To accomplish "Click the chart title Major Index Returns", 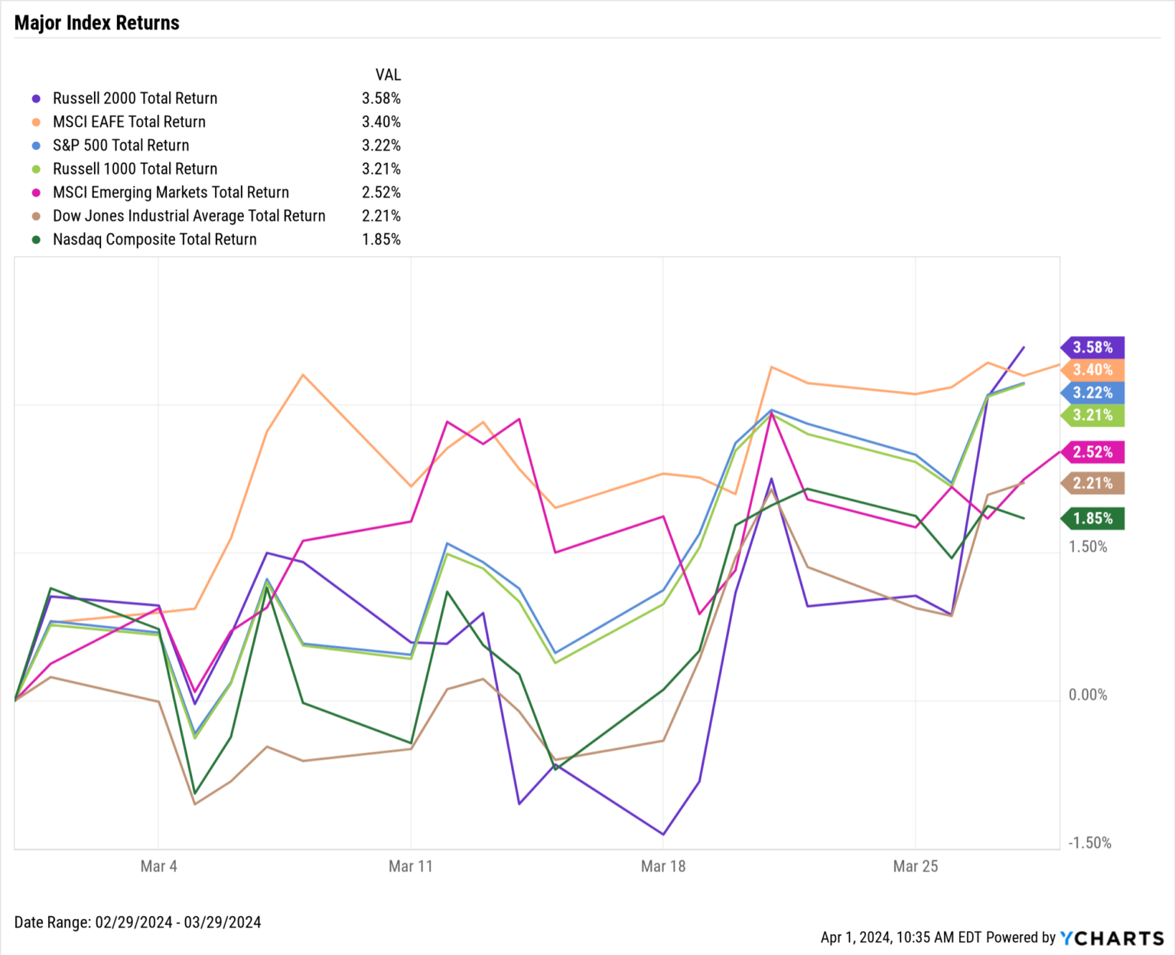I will (96, 23).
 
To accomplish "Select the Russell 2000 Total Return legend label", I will (135, 98).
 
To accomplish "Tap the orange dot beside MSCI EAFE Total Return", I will (36, 122).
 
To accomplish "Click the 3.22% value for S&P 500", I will (381, 145).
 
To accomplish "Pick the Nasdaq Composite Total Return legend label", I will (155, 240).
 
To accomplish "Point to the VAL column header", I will (388, 75).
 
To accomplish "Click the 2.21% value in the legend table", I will (381, 216).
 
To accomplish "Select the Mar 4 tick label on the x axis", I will (158, 866).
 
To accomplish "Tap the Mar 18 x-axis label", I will (663, 866).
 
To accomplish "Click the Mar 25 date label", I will (915, 866).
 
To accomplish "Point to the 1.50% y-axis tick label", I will (1088, 546).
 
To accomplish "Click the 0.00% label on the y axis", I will (1088, 695).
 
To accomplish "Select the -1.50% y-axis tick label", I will (1089, 843).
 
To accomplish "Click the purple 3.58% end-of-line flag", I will (1092, 347).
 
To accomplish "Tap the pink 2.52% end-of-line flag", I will (1092, 452).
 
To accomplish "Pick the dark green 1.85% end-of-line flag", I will (1092, 519).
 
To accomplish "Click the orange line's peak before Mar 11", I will (303, 375).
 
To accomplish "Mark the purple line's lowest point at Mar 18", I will (663, 834).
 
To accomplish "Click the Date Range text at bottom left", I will (138, 922).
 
